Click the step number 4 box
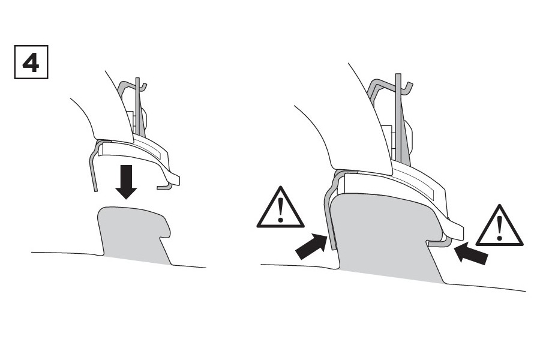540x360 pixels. coord(31,62)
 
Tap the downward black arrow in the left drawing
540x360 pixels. coord(127,182)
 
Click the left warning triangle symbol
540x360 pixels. coord(280,207)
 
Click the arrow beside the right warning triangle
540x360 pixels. coord(471,253)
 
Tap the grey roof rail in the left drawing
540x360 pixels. coord(134,234)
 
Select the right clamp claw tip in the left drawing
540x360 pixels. coord(164,187)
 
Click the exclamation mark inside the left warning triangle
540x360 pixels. coord(281,210)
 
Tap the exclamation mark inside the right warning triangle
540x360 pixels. coord(500,228)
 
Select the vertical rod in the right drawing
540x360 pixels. coord(399,117)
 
